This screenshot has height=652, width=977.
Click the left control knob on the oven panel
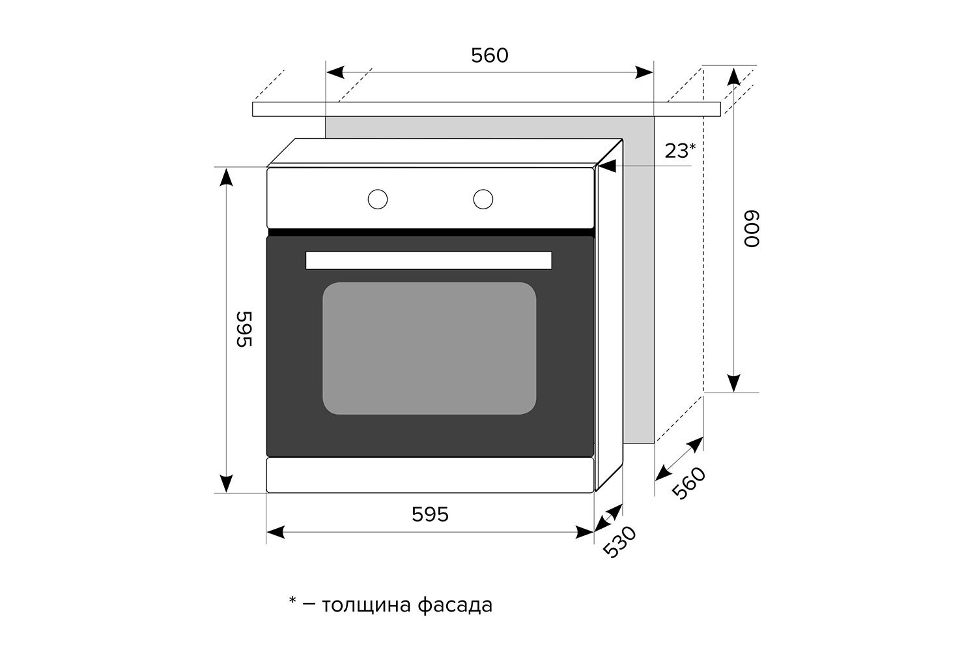(377, 199)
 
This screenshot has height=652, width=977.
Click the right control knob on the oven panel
(483, 199)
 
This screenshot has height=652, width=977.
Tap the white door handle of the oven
(429, 260)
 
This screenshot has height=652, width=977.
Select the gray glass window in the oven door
(429, 348)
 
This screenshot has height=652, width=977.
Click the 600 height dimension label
(752, 229)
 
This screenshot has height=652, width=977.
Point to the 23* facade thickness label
(680, 151)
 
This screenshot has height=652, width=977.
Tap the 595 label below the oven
(430, 514)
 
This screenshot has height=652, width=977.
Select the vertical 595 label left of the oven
(244, 329)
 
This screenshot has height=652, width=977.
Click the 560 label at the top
(489, 55)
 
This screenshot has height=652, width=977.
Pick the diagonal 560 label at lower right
(688, 483)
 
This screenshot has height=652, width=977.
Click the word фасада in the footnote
(455, 605)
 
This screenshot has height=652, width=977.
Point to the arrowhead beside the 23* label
(607, 166)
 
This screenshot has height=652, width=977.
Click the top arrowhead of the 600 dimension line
(734, 76)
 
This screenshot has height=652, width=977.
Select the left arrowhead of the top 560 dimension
(335, 72)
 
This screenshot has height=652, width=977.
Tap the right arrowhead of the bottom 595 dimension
(584, 532)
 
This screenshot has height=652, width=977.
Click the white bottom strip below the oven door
(430, 475)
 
